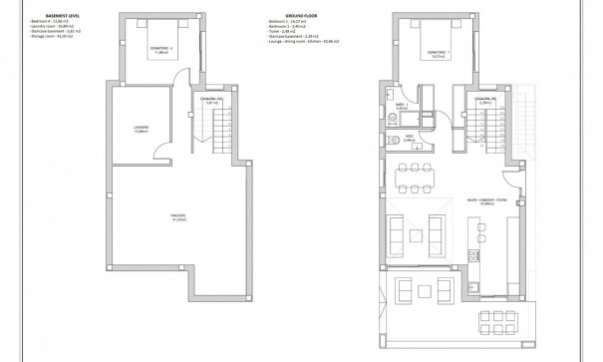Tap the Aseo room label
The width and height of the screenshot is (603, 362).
409,139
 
